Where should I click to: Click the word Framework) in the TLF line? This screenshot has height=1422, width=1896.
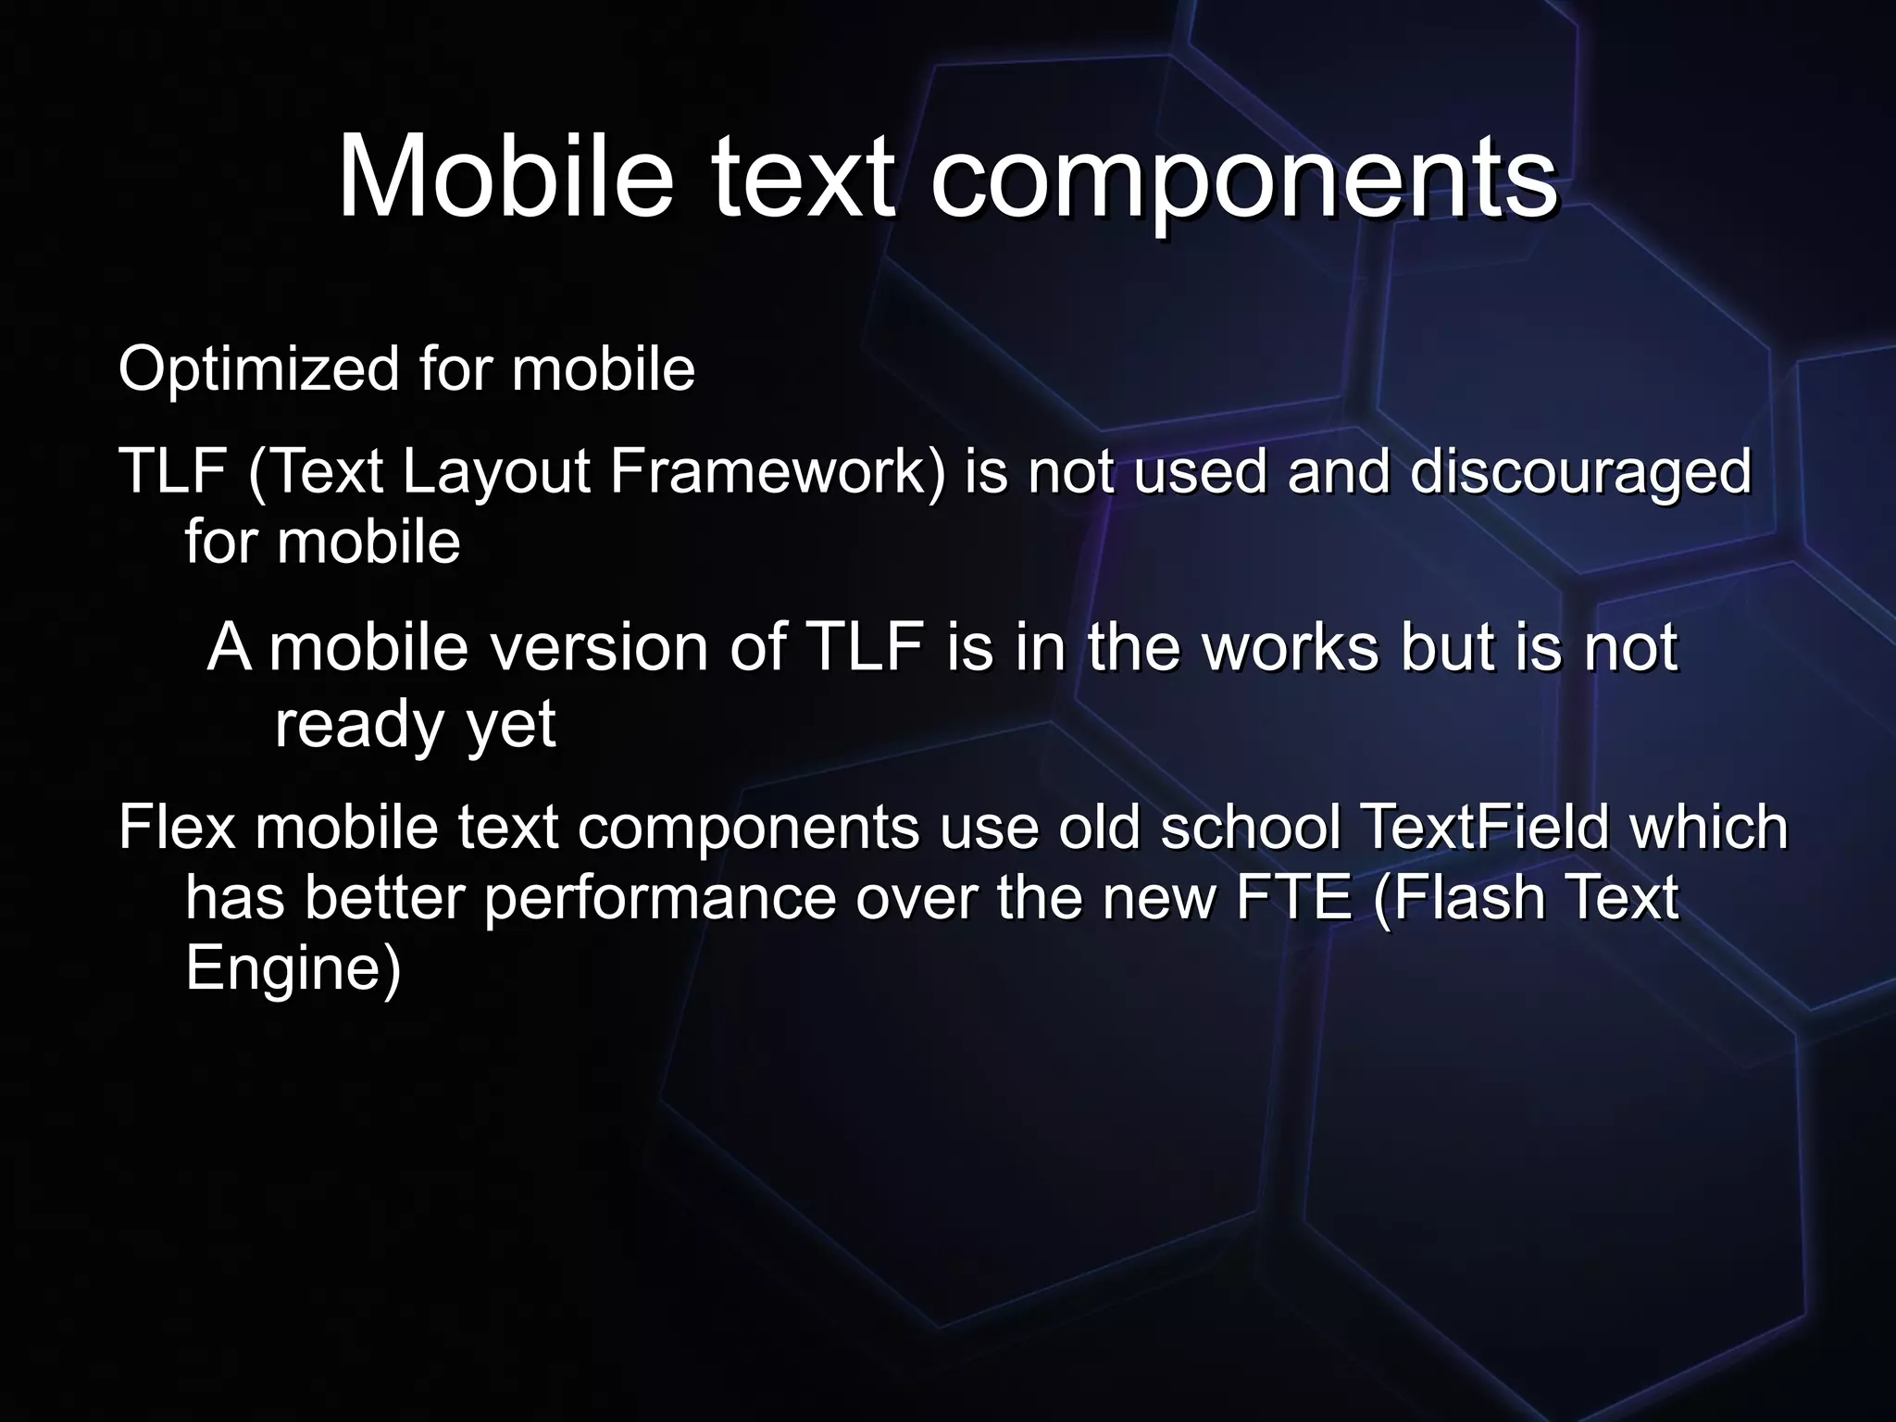tap(779, 471)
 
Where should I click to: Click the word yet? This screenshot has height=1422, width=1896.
tap(511, 725)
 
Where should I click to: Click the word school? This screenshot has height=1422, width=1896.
tap(1250, 827)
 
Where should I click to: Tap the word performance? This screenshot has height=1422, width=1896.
tap(659, 900)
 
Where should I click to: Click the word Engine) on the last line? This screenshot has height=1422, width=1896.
tap(293, 970)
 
